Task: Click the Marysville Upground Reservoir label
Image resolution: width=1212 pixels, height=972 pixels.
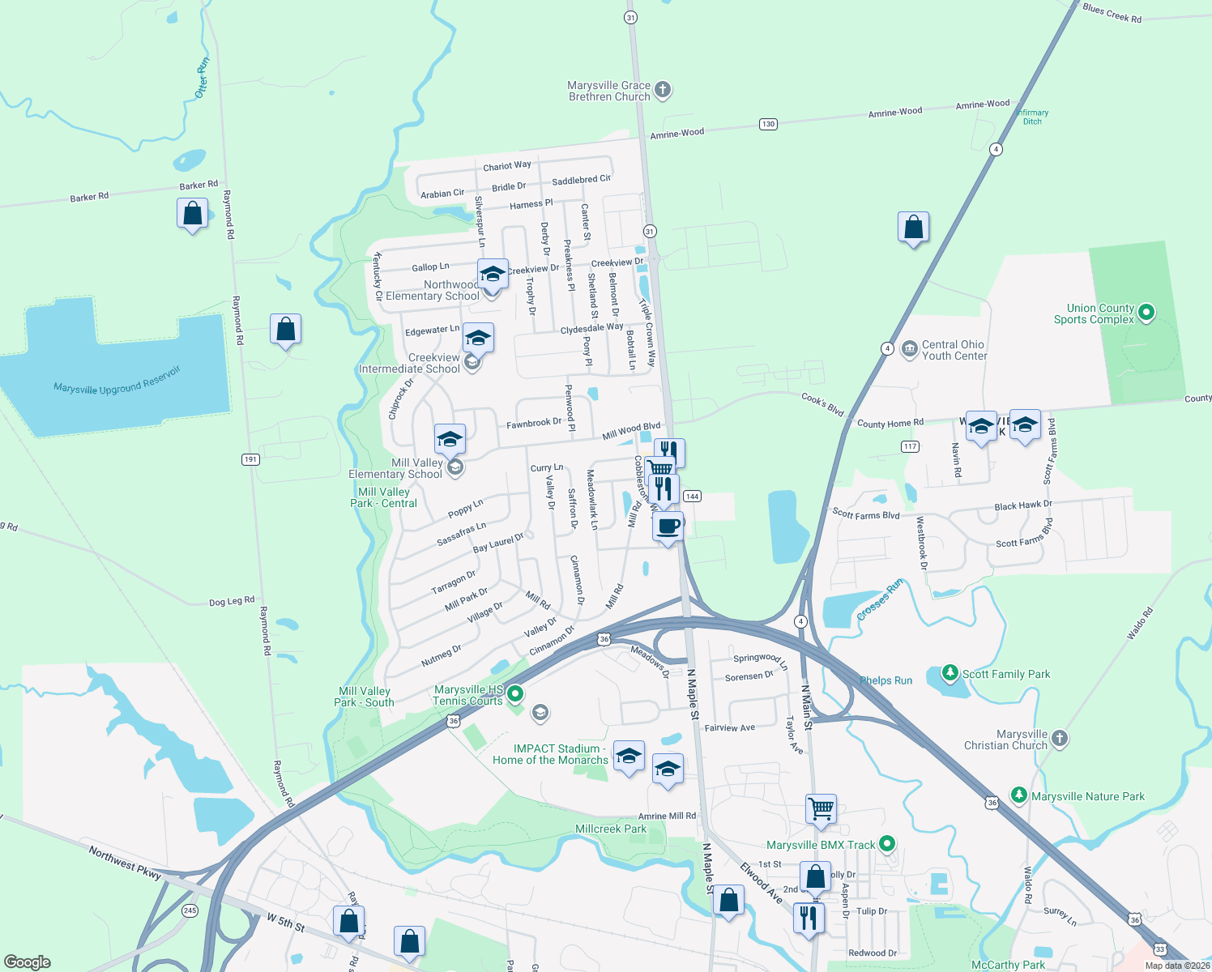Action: tap(117, 381)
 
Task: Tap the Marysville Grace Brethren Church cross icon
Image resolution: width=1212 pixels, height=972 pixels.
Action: tap(663, 90)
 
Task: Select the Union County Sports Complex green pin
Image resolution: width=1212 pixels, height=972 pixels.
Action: tap(1146, 312)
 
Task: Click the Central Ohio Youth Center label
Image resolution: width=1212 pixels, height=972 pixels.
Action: tap(954, 350)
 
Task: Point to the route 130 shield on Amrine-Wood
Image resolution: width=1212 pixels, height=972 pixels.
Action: tap(768, 124)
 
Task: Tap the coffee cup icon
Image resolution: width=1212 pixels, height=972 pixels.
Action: tap(668, 527)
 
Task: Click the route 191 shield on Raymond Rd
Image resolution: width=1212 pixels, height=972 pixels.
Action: tap(250, 459)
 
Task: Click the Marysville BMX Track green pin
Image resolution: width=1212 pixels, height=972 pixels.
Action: tap(887, 844)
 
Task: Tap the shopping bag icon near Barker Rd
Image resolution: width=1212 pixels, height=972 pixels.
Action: tap(192, 214)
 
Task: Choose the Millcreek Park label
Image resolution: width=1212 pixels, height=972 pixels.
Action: tap(611, 829)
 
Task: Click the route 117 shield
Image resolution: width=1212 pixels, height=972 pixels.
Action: tap(910, 446)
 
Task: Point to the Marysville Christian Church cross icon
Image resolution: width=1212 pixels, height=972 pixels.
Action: tap(1060, 739)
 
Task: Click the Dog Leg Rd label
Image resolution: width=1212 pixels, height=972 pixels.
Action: tap(232, 601)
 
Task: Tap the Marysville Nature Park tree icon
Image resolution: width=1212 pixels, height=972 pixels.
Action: tap(1019, 795)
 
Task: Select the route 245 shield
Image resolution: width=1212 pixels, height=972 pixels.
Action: tap(190, 910)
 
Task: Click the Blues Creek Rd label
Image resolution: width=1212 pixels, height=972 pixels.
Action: tap(1112, 13)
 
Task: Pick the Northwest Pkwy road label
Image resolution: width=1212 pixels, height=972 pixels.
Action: tap(125, 863)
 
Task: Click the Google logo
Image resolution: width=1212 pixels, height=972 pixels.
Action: tap(28, 962)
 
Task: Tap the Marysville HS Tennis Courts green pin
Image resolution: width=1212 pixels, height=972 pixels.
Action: tap(514, 694)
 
